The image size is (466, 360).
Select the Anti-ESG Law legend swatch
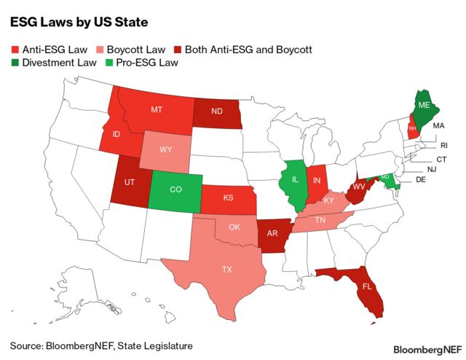point(15,50)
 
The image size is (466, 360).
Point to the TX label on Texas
point(227,269)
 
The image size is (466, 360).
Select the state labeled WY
point(166,149)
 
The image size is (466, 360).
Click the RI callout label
point(444,145)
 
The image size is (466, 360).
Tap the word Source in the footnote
point(27,344)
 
